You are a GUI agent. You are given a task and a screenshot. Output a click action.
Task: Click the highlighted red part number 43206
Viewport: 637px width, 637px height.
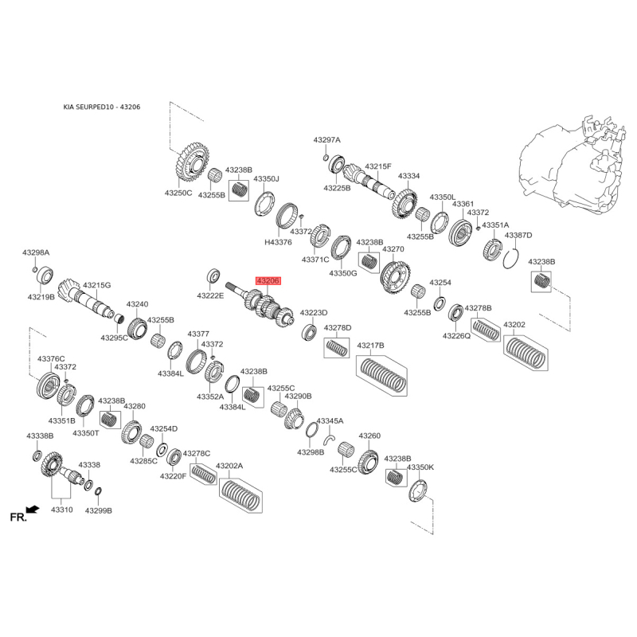pyautogui.click(x=268, y=281)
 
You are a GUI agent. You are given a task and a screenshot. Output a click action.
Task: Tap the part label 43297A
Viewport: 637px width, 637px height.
pyautogui.click(x=327, y=140)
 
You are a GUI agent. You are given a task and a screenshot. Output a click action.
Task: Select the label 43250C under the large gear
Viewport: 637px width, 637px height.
pyautogui.click(x=178, y=193)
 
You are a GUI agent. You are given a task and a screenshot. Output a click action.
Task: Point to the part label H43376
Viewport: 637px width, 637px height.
pyautogui.click(x=278, y=243)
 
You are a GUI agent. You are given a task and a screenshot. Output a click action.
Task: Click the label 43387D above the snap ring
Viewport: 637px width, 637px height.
pyautogui.click(x=518, y=235)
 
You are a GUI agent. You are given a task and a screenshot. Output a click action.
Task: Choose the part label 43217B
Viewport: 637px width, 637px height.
pyautogui.click(x=370, y=346)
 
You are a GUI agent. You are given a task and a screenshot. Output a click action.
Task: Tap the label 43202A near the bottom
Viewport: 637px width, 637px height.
pyautogui.click(x=229, y=466)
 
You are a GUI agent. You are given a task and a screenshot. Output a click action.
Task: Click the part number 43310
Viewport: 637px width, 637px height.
pyautogui.click(x=62, y=510)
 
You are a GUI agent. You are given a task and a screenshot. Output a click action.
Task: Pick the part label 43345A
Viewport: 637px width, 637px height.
pyautogui.click(x=330, y=421)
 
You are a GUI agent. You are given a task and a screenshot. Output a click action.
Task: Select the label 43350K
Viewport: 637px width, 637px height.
pyautogui.click(x=420, y=467)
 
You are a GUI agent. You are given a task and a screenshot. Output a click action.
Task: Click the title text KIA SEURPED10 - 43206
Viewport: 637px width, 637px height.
pyautogui.click(x=102, y=107)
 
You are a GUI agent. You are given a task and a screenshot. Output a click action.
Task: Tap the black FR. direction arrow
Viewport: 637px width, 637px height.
pyautogui.click(x=33, y=509)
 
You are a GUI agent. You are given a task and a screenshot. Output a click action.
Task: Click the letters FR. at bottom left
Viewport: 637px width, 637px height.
pyautogui.click(x=18, y=517)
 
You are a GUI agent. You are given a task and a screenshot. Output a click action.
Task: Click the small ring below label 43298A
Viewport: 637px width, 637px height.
pyautogui.click(x=34, y=269)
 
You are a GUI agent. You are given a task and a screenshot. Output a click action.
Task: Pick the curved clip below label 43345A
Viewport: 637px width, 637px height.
pyautogui.click(x=330, y=440)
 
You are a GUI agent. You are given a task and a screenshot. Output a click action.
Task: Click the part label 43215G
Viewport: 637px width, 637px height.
pyautogui.click(x=96, y=285)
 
